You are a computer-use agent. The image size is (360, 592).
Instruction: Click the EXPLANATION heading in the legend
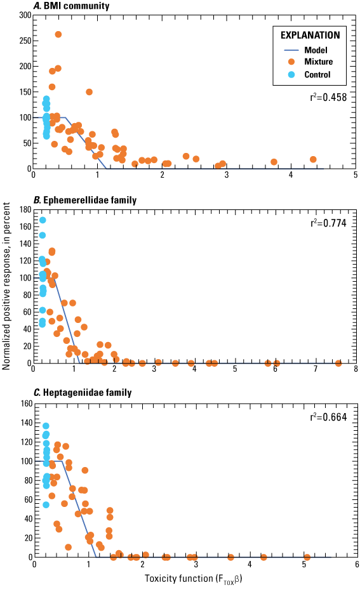(x=307, y=36)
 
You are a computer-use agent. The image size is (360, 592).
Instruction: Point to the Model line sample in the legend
(x=290, y=49)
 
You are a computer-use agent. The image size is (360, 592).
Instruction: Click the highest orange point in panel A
(x=58, y=34)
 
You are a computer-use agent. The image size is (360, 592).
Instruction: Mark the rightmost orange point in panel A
(x=313, y=159)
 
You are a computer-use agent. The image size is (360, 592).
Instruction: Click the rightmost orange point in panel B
(x=338, y=363)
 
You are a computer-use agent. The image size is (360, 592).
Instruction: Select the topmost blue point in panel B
(x=43, y=220)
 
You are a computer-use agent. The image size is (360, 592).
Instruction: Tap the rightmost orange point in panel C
(x=307, y=557)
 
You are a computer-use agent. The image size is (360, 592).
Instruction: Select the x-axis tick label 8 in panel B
(x=356, y=369)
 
